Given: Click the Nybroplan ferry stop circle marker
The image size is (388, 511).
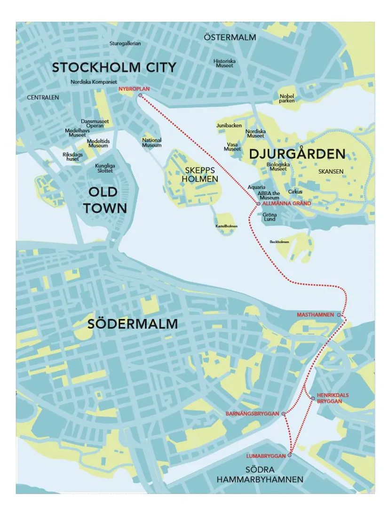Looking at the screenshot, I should (140, 96).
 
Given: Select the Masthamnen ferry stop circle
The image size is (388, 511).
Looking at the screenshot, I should (339, 314).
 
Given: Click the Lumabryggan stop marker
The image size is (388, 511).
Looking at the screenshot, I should (290, 455).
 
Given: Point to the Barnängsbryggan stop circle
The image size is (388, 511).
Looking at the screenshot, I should (283, 414).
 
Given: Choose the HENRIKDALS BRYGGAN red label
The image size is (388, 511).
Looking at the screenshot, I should (333, 398).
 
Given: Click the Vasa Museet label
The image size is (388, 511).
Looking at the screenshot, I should (232, 146).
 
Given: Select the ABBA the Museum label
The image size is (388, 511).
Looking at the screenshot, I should (269, 195).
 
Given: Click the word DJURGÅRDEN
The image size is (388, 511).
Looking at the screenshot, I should (297, 154).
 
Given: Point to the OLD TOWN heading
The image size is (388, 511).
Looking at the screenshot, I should (105, 200).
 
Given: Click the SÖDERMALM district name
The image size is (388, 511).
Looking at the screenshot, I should (133, 324).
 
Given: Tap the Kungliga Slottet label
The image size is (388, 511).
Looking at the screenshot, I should (104, 168).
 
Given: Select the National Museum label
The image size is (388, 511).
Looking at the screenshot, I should (151, 143).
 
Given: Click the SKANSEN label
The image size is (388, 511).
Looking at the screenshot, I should (331, 172).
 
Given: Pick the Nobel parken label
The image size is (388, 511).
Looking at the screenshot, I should (286, 98).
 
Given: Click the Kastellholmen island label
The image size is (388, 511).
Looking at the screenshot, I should (227, 226).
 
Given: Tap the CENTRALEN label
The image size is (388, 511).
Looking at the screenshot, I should (43, 97).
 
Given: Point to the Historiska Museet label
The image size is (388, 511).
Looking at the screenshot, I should (224, 63).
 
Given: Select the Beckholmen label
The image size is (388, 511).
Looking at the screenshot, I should (279, 242).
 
